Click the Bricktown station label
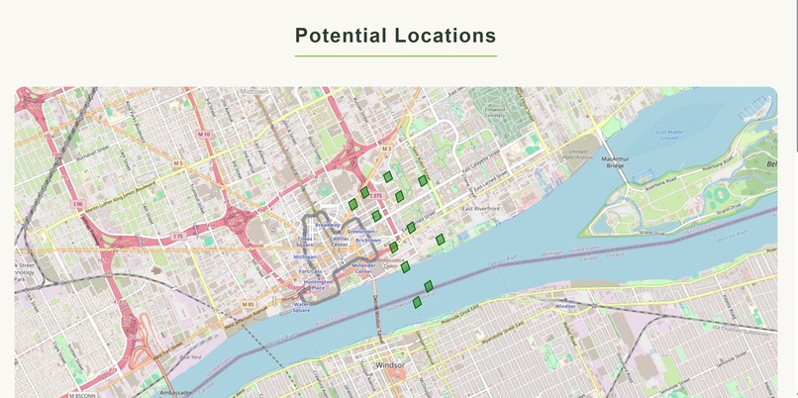pyautogui.click(x=367, y=240)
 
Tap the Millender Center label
pyautogui.click(x=363, y=267)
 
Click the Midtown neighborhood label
pyautogui.click(x=253, y=92)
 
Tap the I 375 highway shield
pyautogui.click(x=377, y=196)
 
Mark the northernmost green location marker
pyautogui.click(x=388, y=176)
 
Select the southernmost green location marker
pyautogui.click(x=418, y=302)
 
